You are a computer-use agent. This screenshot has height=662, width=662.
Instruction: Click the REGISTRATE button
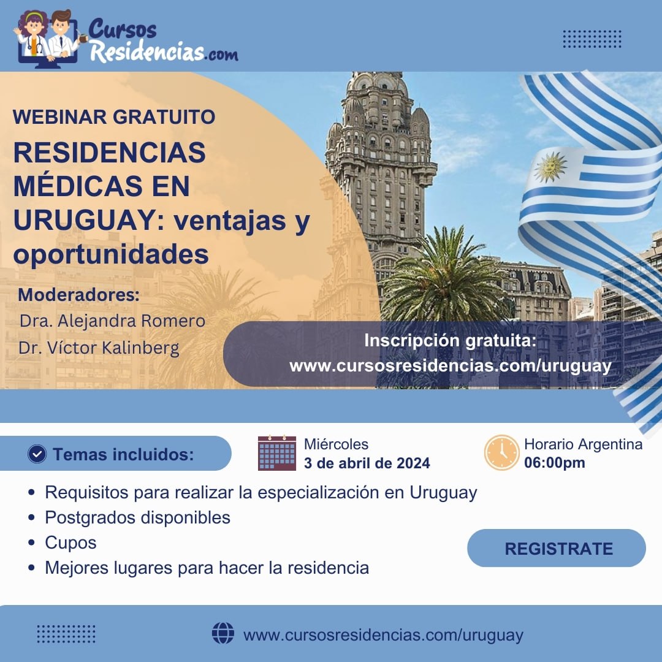click(556, 548)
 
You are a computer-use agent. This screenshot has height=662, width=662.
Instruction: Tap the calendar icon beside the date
click(277, 453)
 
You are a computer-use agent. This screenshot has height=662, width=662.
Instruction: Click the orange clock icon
click(501, 452)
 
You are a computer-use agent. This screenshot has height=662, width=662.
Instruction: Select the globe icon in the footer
click(223, 633)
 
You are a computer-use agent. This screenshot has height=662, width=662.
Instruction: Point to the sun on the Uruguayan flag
click(550, 167)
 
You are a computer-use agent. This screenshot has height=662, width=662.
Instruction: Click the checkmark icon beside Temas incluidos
click(37, 454)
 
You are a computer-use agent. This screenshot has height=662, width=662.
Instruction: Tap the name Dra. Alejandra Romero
click(112, 321)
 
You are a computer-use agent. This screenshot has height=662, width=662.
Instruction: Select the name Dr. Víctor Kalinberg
click(99, 348)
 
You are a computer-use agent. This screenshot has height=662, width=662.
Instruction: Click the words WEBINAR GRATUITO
click(114, 117)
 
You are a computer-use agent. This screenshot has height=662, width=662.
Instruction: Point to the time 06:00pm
click(554, 463)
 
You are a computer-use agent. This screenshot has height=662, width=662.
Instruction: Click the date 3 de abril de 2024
click(367, 463)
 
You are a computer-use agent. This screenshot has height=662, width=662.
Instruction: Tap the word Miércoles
click(336, 444)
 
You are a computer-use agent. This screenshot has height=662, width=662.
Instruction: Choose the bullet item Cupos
click(70, 543)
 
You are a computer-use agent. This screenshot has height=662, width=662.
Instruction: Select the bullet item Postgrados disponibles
click(138, 517)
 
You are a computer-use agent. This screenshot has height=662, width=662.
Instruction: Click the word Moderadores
click(78, 295)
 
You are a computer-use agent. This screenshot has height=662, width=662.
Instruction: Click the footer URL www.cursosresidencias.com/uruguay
click(383, 635)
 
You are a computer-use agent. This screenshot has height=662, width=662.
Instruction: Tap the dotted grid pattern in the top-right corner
click(592, 39)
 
